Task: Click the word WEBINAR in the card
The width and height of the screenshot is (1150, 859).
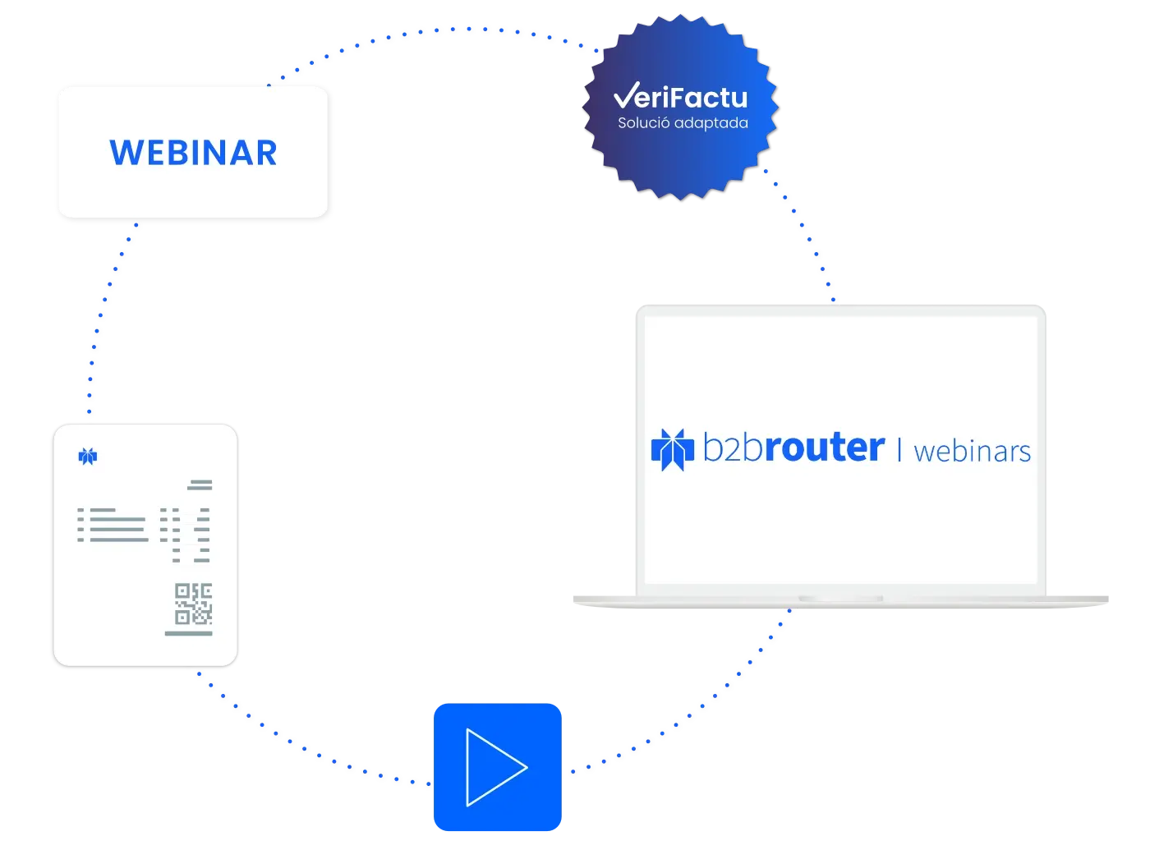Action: click(x=193, y=153)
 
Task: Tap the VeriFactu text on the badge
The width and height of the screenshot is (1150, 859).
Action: click(x=681, y=96)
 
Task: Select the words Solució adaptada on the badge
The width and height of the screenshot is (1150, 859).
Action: click(x=683, y=122)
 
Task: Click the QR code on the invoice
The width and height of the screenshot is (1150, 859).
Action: click(x=193, y=604)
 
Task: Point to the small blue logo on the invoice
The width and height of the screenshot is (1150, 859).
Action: click(x=88, y=456)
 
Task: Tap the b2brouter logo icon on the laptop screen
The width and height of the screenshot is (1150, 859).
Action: click(x=672, y=449)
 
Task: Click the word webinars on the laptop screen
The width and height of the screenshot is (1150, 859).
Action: click(x=972, y=452)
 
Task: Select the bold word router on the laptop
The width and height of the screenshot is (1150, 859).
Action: click(x=825, y=447)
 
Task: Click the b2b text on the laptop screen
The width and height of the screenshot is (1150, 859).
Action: click(x=733, y=447)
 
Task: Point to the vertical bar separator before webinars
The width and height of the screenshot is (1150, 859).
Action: click(x=899, y=450)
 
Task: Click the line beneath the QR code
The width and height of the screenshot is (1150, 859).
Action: click(x=189, y=633)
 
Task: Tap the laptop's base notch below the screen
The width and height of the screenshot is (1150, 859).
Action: click(x=840, y=598)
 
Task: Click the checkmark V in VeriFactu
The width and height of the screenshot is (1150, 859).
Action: click(x=627, y=94)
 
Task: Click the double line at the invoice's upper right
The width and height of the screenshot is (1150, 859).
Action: click(x=200, y=485)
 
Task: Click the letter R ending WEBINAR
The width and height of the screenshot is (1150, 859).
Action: click(x=267, y=153)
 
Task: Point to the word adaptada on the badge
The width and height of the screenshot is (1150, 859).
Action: click(x=711, y=123)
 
